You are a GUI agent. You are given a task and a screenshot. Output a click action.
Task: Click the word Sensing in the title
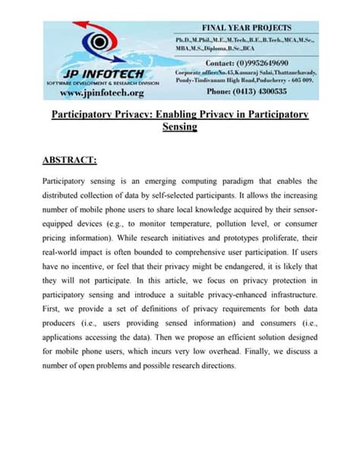coord(179,128)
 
